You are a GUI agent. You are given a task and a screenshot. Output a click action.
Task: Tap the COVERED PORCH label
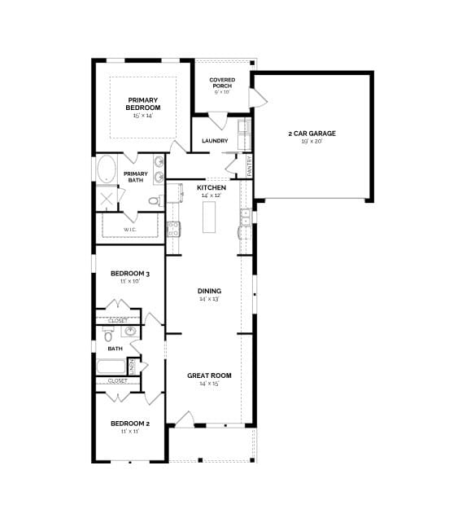[x=222, y=82]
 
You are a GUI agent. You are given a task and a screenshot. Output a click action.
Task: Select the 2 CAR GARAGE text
[x=312, y=133]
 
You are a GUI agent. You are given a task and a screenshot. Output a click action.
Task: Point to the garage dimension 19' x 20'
[x=312, y=142]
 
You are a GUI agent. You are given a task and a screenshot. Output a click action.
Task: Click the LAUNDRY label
[x=215, y=141]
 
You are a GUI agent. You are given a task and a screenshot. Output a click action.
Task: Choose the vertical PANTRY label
[x=249, y=166]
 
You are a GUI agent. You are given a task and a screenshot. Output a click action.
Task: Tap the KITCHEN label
[x=211, y=187]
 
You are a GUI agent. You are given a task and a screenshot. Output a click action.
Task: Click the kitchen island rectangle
[x=210, y=216]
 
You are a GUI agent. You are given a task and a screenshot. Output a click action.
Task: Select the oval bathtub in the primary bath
[x=107, y=170]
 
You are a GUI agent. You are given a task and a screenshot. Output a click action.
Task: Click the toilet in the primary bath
[x=154, y=200]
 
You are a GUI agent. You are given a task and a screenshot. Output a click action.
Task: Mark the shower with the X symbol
[x=107, y=199]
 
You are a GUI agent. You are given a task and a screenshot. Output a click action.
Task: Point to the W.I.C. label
[x=130, y=230]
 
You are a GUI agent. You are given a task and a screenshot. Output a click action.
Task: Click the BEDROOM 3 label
[x=130, y=273]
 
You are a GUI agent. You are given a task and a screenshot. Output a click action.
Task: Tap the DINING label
[x=210, y=291]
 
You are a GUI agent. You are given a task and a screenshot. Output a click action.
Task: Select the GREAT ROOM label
[x=210, y=375]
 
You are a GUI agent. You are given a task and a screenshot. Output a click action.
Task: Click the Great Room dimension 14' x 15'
[x=210, y=384]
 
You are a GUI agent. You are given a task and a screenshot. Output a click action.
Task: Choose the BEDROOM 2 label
[x=130, y=424]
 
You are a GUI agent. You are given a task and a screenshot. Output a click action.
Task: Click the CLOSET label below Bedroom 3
[x=117, y=321]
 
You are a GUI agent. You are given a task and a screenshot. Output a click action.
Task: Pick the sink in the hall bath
[x=129, y=332]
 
